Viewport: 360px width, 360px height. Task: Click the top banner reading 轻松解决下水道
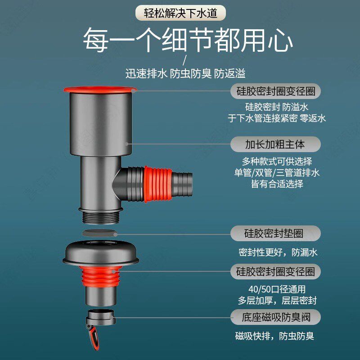[180, 13]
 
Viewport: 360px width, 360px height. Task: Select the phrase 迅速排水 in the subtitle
[146, 73]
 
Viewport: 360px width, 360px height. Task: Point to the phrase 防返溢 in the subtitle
[230, 73]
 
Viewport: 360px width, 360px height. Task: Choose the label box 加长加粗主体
[275, 144]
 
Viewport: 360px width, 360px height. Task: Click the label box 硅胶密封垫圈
[276, 234]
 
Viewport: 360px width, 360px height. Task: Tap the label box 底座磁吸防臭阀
[276, 317]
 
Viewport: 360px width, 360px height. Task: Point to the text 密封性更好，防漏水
[278, 252]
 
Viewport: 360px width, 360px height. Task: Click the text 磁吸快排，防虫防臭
[274, 336]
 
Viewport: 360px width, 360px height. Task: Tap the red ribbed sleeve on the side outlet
[157, 181]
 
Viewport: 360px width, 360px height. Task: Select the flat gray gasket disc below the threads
[101, 233]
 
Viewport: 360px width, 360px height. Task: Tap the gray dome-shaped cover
[101, 252]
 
